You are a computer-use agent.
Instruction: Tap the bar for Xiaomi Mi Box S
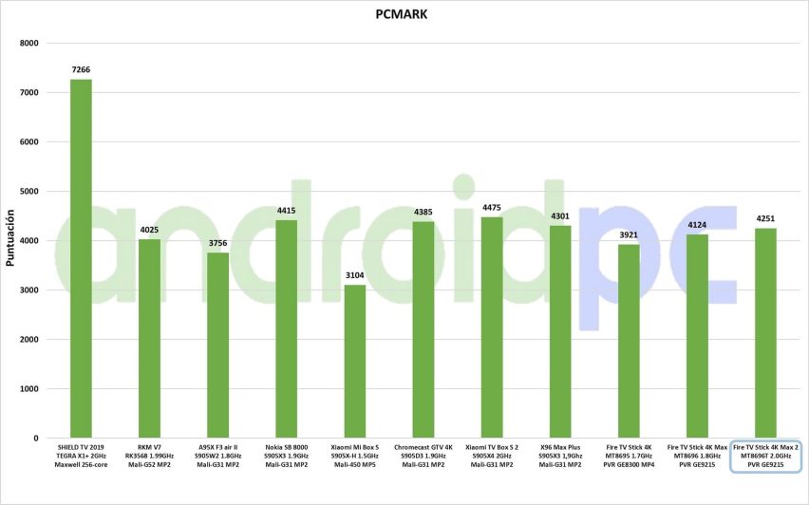point(355,362)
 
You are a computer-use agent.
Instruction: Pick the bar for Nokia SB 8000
point(287,328)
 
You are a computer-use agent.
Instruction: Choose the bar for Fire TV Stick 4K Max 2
point(765,333)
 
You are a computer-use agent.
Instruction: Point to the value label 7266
point(82,70)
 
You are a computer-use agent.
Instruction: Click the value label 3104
point(355,276)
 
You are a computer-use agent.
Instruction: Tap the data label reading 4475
point(492,208)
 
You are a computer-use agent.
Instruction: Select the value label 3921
point(629,235)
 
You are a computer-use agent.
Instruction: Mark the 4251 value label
point(765,219)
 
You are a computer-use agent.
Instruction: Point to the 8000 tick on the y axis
point(28,44)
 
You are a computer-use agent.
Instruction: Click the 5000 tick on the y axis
point(28,192)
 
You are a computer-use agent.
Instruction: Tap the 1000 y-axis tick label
point(28,389)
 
